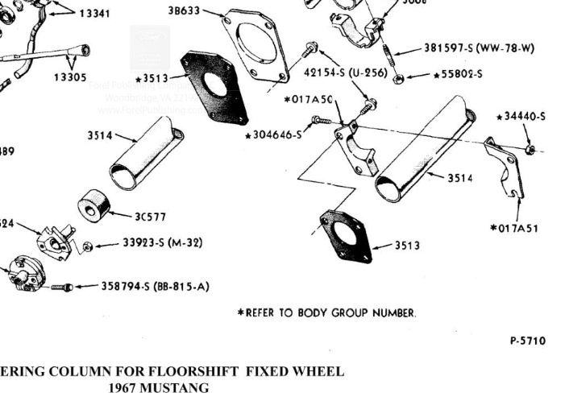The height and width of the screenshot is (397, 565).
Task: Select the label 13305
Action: point(70,77)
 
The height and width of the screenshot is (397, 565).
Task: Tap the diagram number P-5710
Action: point(527,341)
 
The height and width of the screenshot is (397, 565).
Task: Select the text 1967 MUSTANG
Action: point(157,387)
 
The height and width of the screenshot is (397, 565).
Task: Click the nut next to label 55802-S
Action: point(398,78)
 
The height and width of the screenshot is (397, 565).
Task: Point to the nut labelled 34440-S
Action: point(529,149)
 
